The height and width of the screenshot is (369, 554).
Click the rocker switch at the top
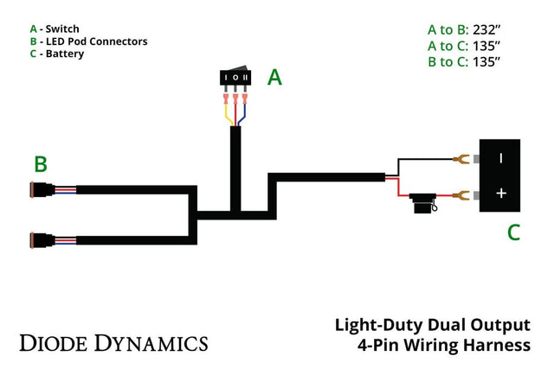[235, 79]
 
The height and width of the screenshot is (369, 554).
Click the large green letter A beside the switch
[274, 78]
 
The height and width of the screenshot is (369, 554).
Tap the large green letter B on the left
[40, 163]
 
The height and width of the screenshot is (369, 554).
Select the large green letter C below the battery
[513, 231]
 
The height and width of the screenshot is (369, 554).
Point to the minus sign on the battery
[501, 157]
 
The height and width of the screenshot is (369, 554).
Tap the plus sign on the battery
[501, 193]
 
